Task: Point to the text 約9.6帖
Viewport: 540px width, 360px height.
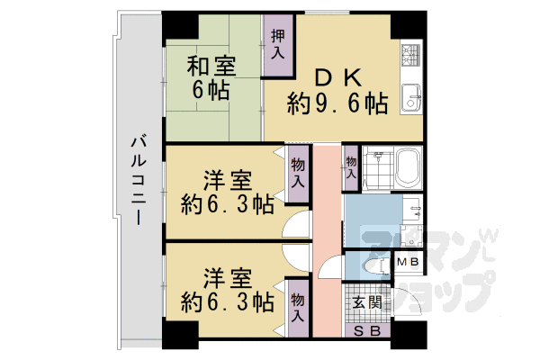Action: [x=337, y=104]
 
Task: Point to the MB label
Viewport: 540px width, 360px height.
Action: [x=409, y=262]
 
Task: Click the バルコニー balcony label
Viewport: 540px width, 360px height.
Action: [x=139, y=180]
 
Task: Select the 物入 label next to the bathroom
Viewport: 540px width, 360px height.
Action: [x=350, y=167]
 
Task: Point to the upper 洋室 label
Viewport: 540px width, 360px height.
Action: [x=227, y=179]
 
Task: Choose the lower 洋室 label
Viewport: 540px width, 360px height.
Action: [x=227, y=277]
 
